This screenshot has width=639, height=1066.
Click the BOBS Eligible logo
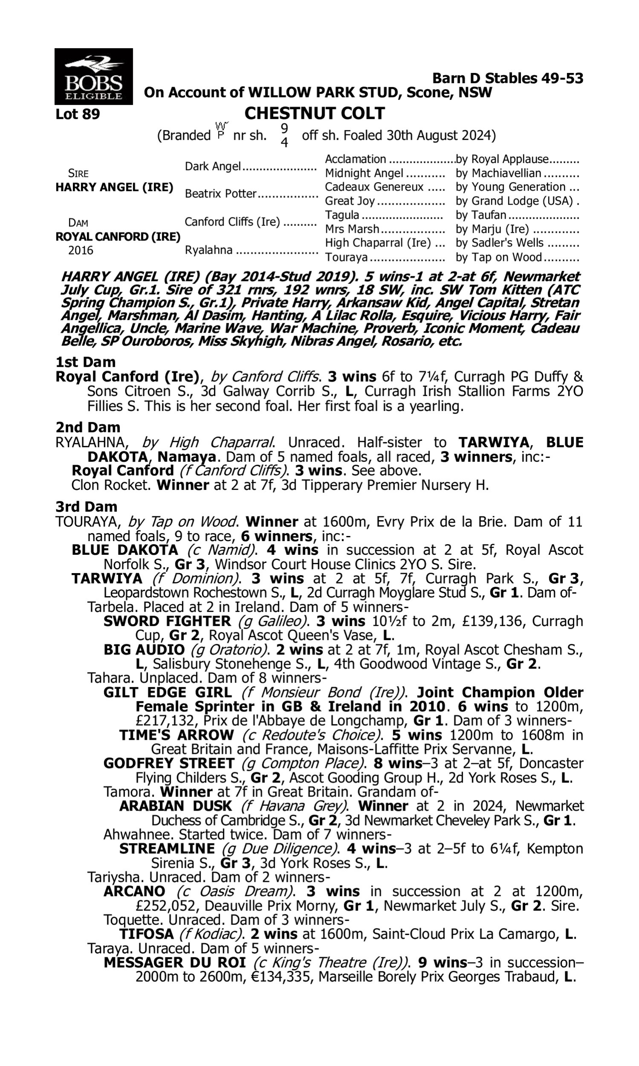pyautogui.click(x=93, y=76)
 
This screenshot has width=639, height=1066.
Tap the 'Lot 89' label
pyautogui.click(x=78, y=114)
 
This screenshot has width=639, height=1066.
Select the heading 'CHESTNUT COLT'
pyautogui.click(x=314, y=113)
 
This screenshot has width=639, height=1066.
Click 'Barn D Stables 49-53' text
pyautogui.click(x=508, y=78)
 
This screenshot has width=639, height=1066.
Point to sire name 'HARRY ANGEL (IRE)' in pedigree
pyautogui.click(x=114, y=188)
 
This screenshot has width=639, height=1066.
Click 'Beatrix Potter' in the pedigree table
pyautogui.click(x=221, y=194)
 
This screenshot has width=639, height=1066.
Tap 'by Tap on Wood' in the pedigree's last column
pyautogui.click(x=498, y=257)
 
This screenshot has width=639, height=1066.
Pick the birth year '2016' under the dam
pyautogui.click(x=81, y=251)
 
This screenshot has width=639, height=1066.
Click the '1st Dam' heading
pyautogui.click(x=86, y=362)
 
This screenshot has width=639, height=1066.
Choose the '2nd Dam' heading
pyautogui.click(x=87, y=427)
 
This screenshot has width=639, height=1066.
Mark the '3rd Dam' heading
pyautogui.click(x=86, y=507)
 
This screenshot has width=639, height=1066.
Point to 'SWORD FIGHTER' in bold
pyautogui.click(x=167, y=621)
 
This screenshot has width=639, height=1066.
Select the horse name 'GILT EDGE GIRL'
pyautogui.click(x=167, y=693)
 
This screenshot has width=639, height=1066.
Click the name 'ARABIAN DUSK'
pyautogui.click(x=175, y=806)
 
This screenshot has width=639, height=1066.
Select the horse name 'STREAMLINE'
pyautogui.click(x=167, y=849)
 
